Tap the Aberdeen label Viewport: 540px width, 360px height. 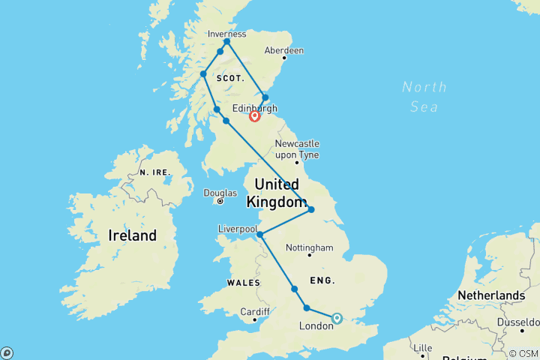(x=283, y=50)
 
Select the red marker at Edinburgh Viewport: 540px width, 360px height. (x=255, y=116)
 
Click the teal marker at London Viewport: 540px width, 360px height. (x=337, y=318)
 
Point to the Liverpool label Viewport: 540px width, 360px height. (x=238, y=228)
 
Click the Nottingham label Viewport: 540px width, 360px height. (x=309, y=247)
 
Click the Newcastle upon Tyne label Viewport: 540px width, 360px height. (x=297, y=148)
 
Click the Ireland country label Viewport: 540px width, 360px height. (x=133, y=235)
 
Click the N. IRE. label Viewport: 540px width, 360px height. (x=154, y=172)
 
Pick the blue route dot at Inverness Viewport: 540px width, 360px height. (x=226, y=42)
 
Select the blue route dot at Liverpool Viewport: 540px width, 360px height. (x=260, y=235)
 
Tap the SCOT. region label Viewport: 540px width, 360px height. (x=230, y=78)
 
